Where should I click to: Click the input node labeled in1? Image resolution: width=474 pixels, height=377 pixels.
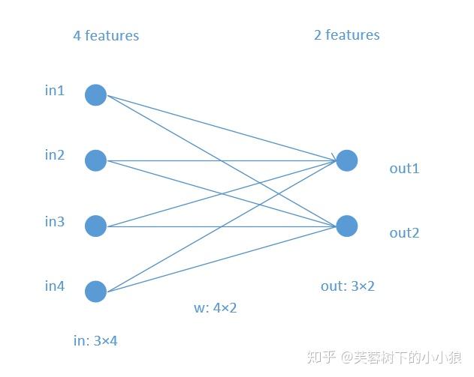point(95,95)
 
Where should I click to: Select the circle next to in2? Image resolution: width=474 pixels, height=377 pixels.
point(95,160)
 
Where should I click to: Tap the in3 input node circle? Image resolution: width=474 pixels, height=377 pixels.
point(95,226)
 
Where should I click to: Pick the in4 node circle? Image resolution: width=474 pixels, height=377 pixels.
point(95,291)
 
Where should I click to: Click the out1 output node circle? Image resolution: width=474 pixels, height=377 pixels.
point(346,160)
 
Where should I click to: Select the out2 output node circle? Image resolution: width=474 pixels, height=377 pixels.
point(346,226)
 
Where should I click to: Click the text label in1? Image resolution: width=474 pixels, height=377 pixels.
point(54,91)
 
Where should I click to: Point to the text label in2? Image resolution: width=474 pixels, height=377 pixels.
point(54,155)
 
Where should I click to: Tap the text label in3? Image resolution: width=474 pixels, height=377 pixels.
point(54,221)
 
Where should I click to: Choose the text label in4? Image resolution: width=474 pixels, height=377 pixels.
point(54,286)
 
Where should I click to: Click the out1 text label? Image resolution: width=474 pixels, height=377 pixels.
point(404,168)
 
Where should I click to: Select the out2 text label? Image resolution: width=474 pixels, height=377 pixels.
point(404,233)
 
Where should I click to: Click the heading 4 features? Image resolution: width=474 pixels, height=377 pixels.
point(106,35)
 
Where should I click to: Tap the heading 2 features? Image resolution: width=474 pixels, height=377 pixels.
point(346,34)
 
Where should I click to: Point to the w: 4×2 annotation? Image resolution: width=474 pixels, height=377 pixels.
point(216,307)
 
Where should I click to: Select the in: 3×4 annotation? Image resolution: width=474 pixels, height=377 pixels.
point(95,340)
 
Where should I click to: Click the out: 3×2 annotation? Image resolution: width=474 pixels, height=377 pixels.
point(347,286)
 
